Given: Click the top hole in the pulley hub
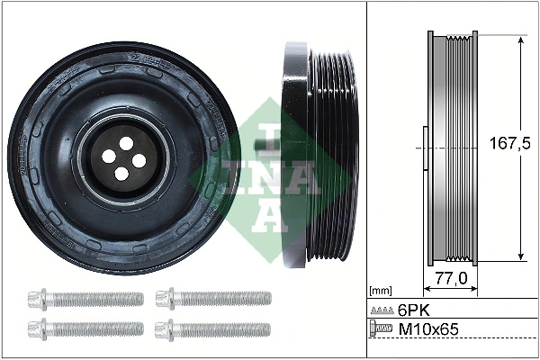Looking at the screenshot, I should point(122,143).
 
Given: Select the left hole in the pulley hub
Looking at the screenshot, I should point(109,157).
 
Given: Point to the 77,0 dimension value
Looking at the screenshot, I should point(450,280).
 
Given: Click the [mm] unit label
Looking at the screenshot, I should point(381,292).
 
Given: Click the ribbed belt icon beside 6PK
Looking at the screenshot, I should point(382,310).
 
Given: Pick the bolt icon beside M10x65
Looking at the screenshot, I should point(382,330).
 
